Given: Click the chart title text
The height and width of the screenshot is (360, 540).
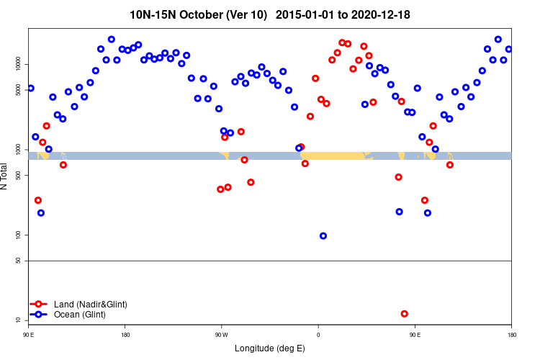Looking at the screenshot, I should [x=270, y=14].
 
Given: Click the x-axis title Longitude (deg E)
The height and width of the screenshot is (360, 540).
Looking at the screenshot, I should [x=270, y=348].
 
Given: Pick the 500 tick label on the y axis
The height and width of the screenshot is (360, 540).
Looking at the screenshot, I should [x=21, y=176].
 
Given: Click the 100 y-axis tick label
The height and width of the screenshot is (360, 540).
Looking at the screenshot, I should [x=21, y=235].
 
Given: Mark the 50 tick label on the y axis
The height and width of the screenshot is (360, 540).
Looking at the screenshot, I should [x=21, y=261].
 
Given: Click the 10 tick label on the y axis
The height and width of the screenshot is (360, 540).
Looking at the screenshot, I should [x=21, y=320].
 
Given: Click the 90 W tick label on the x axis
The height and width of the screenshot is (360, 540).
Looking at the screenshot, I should [x=221, y=335].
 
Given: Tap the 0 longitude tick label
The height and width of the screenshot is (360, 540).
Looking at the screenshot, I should [x=318, y=335].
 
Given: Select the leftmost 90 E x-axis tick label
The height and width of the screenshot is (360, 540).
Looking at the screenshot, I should [x=29, y=335].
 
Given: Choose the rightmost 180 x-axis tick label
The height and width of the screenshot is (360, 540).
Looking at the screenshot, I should [x=511, y=335].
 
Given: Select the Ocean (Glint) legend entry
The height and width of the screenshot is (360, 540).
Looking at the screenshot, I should [x=80, y=315].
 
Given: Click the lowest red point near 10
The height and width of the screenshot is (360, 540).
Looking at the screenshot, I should [x=404, y=314].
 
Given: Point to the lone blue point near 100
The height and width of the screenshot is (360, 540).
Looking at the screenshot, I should [x=323, y=236].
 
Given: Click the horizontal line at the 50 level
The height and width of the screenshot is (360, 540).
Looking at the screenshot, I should [x=270, y=261].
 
